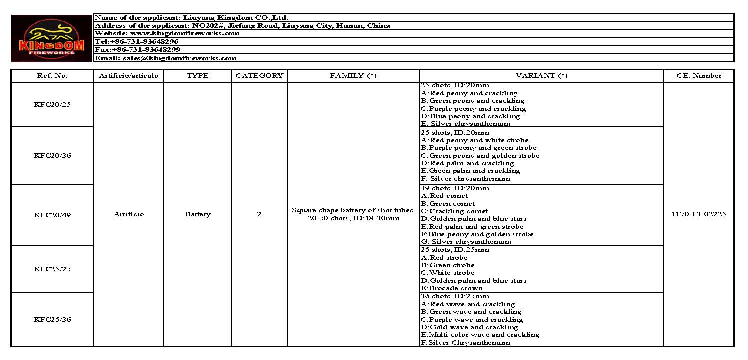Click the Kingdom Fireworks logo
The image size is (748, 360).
point(51,38)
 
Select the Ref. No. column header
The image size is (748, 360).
point(52,76)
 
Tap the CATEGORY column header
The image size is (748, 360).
point(259,76)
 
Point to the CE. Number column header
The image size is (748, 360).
point(699,76)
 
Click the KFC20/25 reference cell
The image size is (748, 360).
point(52,105)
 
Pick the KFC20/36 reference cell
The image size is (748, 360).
point(52,155)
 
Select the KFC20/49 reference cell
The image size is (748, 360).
point(52,215)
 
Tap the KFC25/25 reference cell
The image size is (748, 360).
point(52,269)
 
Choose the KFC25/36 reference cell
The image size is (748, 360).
point(52,319)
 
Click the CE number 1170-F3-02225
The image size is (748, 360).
point(699,214)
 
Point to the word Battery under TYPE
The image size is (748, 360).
point(197,214)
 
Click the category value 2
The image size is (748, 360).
point(259,214)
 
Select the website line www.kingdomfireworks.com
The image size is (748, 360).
point(167,33)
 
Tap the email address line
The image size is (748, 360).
point(165,58)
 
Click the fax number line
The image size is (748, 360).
point(137,50)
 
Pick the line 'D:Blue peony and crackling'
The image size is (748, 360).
point(470,116)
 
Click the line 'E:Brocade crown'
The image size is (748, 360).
point(452,288)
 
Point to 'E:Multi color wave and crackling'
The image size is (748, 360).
point(480,335)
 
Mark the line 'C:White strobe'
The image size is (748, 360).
point(448,273)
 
